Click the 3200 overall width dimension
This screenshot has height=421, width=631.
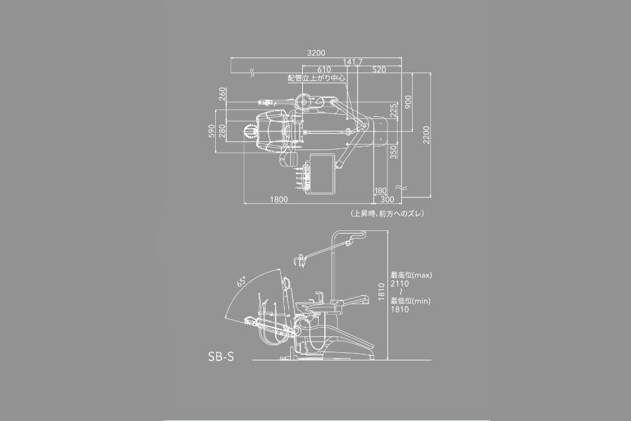click(x=316, y=53)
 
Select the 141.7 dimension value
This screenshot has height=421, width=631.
click(x=353, y=62)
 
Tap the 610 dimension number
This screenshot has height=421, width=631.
click(x=324, y=69)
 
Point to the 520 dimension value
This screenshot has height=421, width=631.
click(x=379, y=69)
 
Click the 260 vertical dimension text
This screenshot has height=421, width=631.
click(x=223, y=94)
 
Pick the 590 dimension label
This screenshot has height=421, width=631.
click(x=211, y=131)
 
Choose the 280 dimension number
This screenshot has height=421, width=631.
click(x=222, y=131)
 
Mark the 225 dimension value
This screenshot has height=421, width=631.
click(x=394, y=110)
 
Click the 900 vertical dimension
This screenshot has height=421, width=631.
click(x=408, y=102)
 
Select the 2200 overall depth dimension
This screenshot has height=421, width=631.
click(x=427, y=135)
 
